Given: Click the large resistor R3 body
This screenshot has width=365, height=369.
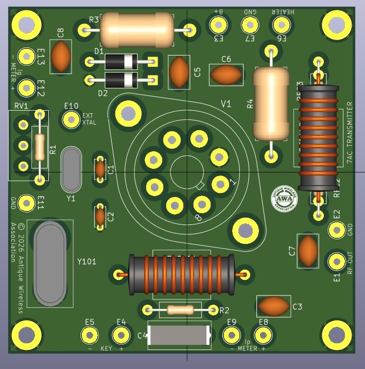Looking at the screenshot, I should [137, 30].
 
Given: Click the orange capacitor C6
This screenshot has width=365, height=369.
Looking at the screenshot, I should [225, 75].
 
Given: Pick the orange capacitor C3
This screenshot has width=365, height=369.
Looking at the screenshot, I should [273, 306].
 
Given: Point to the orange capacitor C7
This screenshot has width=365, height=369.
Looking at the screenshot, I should [308, 251].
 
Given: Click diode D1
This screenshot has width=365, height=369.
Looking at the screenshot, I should [121, 63].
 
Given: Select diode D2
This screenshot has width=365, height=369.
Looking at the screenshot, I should [121, 80].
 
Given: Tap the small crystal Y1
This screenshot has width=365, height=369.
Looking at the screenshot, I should [71, 168].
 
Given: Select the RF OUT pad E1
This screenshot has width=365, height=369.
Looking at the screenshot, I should [337, 261].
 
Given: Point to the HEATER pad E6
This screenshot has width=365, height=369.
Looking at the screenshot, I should [281, 24].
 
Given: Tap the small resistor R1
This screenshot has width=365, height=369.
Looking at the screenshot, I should [40, 148].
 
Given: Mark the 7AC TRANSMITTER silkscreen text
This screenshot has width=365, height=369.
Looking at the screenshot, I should [350, 132].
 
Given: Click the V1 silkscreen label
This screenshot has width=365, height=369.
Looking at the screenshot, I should [226, 104].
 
